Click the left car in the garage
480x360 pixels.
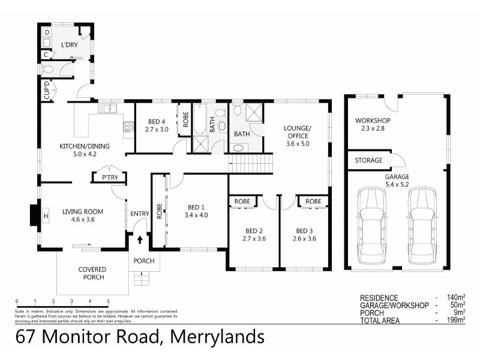371,227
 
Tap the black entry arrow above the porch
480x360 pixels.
140,239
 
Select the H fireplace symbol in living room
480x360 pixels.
46,215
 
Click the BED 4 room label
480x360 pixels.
156,121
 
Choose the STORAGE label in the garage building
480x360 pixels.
368,160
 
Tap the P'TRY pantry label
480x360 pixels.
109,178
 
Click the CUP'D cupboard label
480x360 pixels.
46,93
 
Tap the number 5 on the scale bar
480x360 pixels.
108,301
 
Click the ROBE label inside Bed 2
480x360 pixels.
242,201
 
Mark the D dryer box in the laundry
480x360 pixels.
47,31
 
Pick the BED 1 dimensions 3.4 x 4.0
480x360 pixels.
196,215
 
